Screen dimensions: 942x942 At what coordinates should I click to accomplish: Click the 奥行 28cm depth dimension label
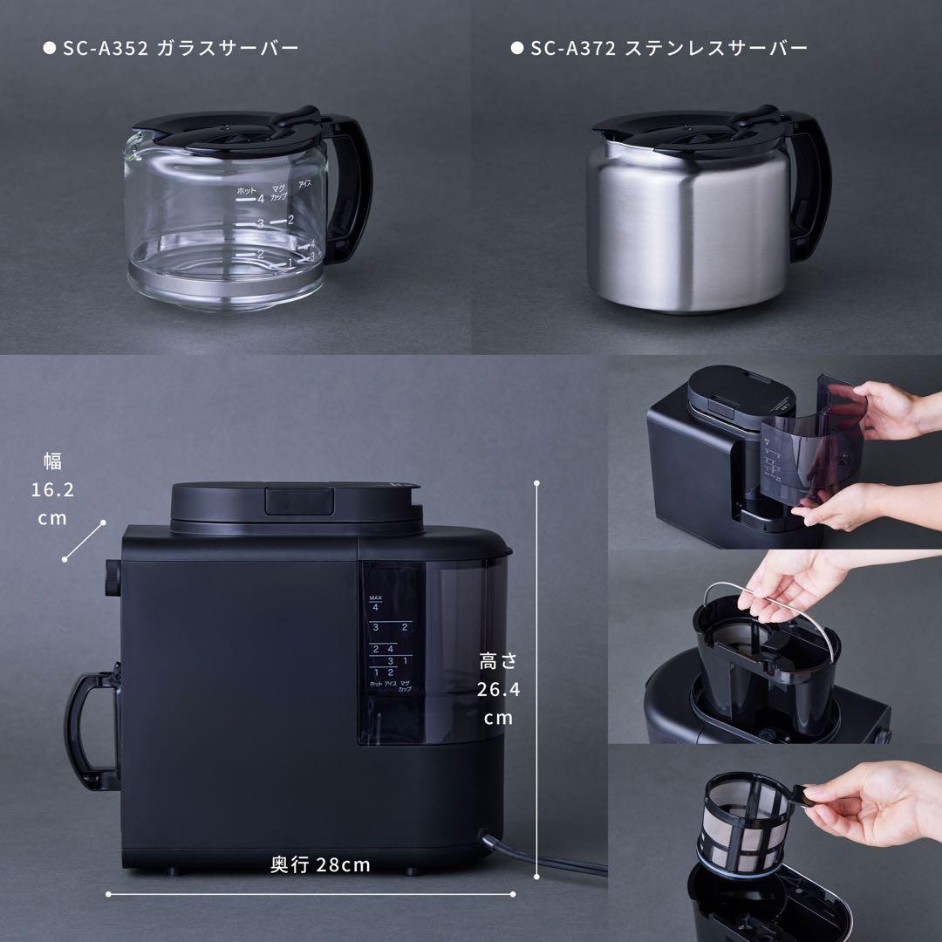[x=320, y=864]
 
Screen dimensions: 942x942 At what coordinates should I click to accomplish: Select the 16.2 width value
[x=52, y=489]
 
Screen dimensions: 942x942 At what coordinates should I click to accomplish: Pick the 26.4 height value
[x=498, y=689]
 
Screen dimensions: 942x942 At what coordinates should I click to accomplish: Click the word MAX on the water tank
[x=376, y=597]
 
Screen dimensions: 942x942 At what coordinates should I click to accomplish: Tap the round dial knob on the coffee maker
[x=112, y=578]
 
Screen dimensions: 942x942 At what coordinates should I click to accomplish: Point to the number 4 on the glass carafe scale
[x=260, y=200]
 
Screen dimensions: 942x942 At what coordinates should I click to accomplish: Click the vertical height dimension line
[x=536, y=680]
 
